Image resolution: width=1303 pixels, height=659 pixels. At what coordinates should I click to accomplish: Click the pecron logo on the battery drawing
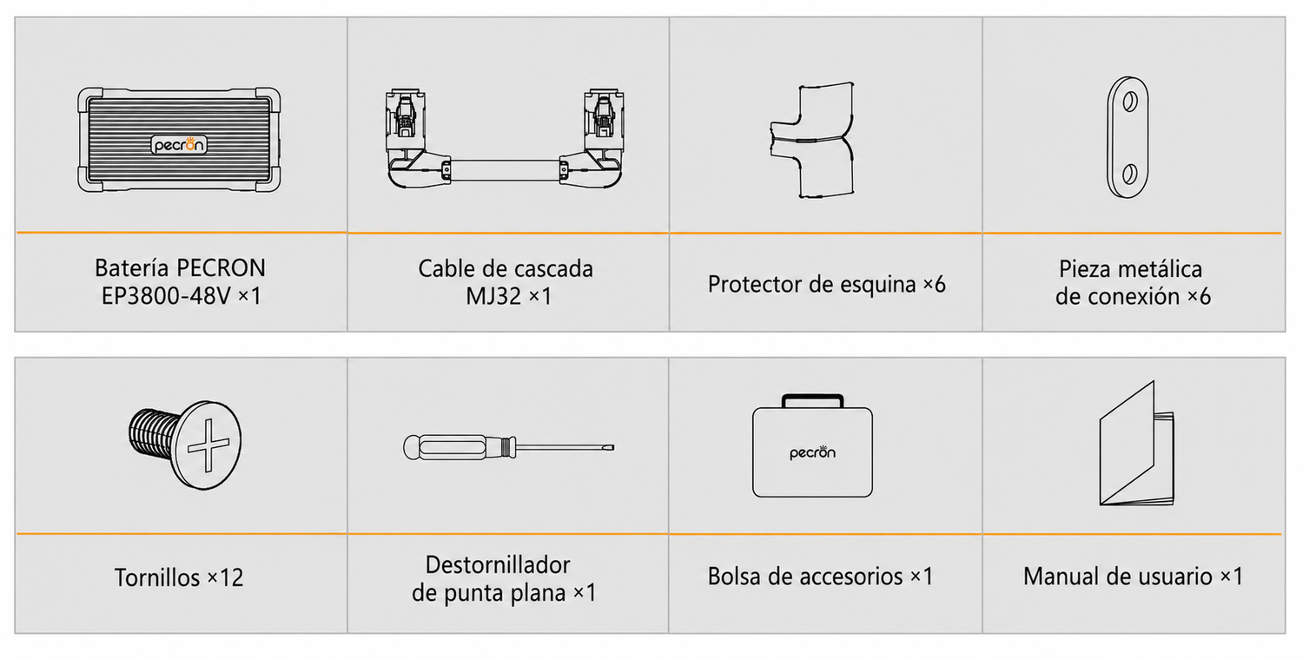tap(179, 144)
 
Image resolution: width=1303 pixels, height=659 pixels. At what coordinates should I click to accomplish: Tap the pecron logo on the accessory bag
tap(812, 452)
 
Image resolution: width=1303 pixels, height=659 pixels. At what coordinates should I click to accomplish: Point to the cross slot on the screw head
tap(208, 445)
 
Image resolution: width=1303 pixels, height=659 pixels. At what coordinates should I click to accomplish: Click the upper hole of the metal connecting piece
tap(1129, 102)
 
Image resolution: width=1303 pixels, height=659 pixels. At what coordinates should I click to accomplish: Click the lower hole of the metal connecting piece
tap(1129, 174)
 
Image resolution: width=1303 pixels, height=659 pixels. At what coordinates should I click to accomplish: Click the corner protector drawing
tap(812, 140)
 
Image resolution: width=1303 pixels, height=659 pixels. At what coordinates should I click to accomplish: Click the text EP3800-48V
tap(167, 296)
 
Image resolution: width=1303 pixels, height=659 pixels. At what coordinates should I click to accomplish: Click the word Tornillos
tap(157, 577)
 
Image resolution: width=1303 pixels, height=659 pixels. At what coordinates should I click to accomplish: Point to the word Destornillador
tap(498, 564)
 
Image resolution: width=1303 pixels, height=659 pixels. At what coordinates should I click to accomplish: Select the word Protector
tap(754, 285)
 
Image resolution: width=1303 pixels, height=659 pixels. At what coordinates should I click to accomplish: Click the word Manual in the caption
tap(1062, 577)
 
